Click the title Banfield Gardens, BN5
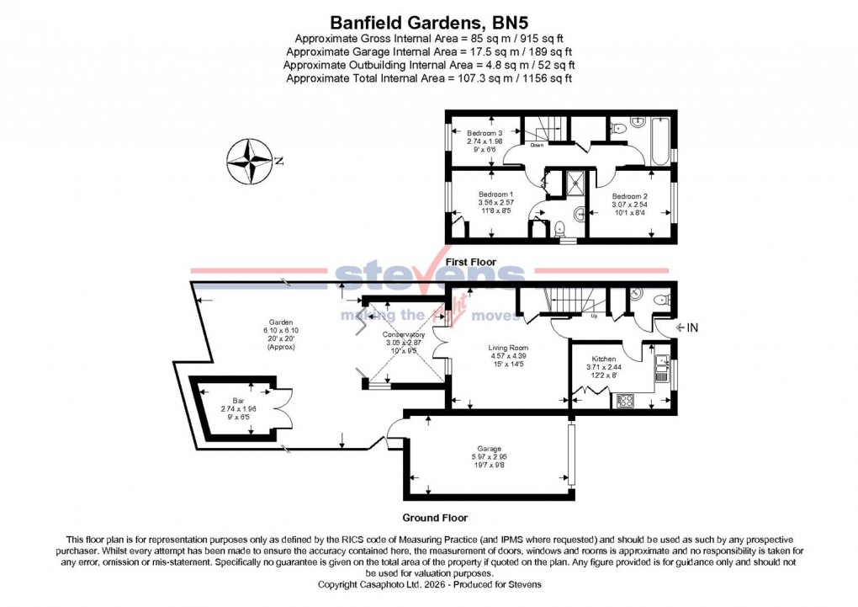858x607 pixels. coord(429,23)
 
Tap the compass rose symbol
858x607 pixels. coord(252,161)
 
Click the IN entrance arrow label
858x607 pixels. coord(687,327)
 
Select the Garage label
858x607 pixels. coord(490,455)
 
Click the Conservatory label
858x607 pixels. coord(403,343)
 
